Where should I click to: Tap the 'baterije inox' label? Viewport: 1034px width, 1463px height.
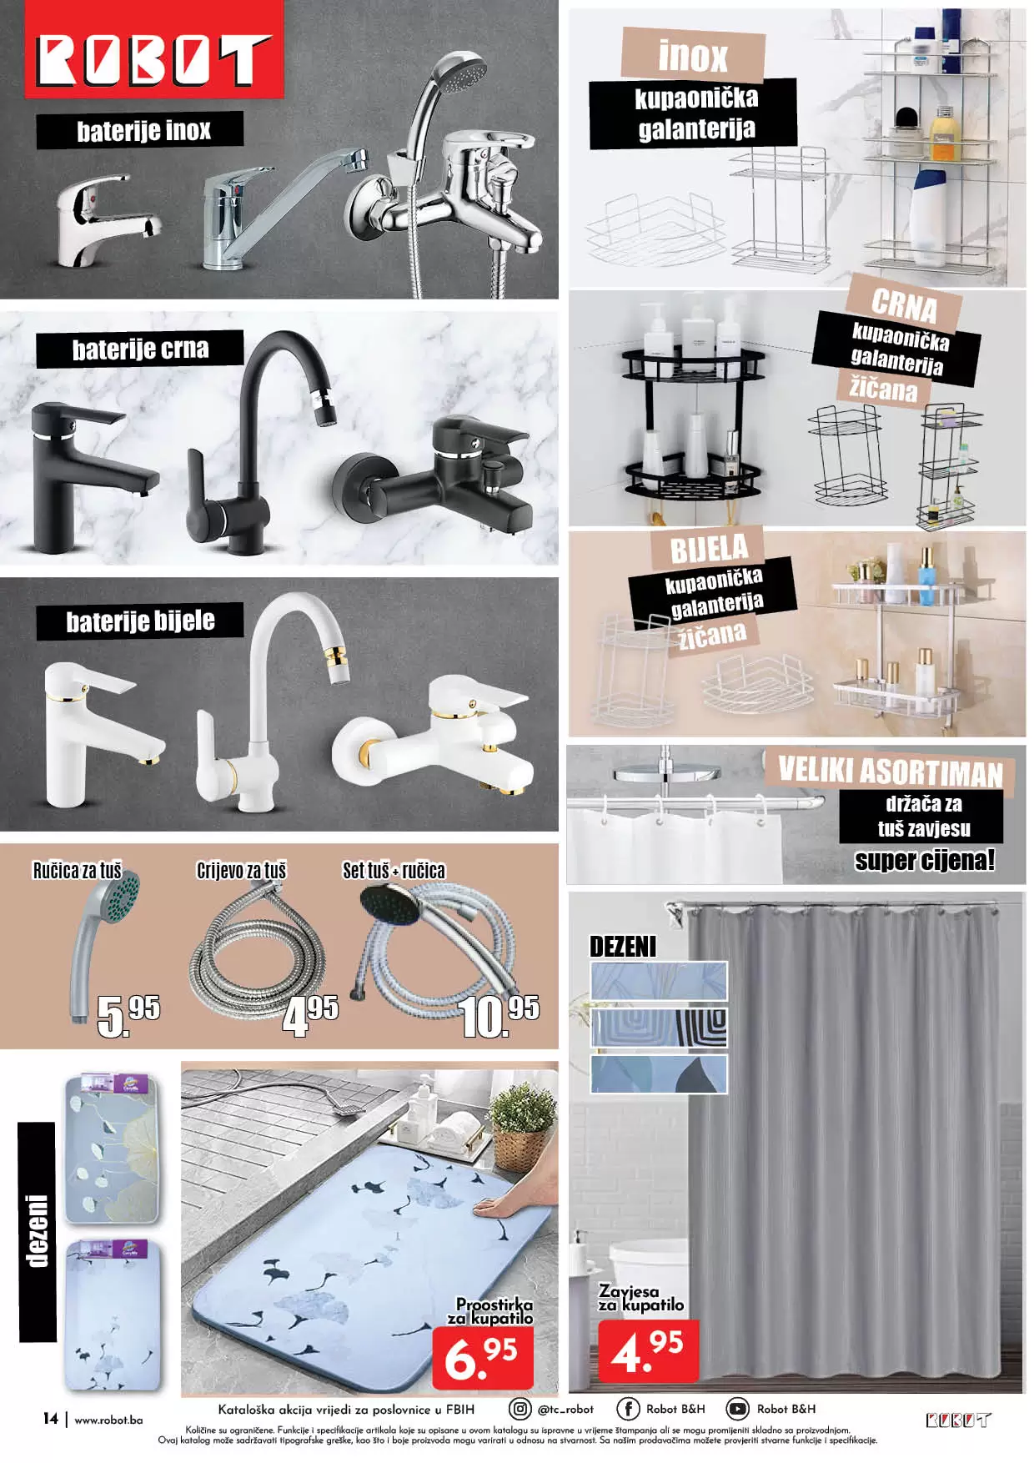(x=143, y=131)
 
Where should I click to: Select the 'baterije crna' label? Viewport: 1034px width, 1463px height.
(x=140, y=349)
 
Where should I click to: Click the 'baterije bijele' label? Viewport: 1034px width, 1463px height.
(x=140, y=621)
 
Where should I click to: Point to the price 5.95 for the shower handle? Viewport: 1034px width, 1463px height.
(x=128, y=1015)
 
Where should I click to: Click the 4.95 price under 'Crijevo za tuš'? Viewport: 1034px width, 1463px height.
(x=310, y=1015)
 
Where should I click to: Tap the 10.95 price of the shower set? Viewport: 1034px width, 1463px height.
(x=499, y=1016)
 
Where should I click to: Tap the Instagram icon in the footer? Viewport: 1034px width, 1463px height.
(x=520, y=1409)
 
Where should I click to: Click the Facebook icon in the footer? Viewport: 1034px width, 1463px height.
(x=627, y=1409)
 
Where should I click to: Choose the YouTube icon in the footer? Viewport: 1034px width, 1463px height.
(x=737, y=1409)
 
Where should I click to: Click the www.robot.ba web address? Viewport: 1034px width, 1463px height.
(x=108, y=1420)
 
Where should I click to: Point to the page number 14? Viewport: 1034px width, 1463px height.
(x=50, y=1418)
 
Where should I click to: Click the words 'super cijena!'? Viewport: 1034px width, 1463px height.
(x=924, y=861)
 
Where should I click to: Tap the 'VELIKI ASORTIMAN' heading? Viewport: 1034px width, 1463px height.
(x=890, y=771)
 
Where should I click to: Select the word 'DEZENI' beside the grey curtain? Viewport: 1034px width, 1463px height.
(x=623, y=947)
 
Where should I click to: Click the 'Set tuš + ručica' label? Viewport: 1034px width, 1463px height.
(x=394, y=871)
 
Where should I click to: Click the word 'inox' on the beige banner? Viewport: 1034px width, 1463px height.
(x=693, y=56)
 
